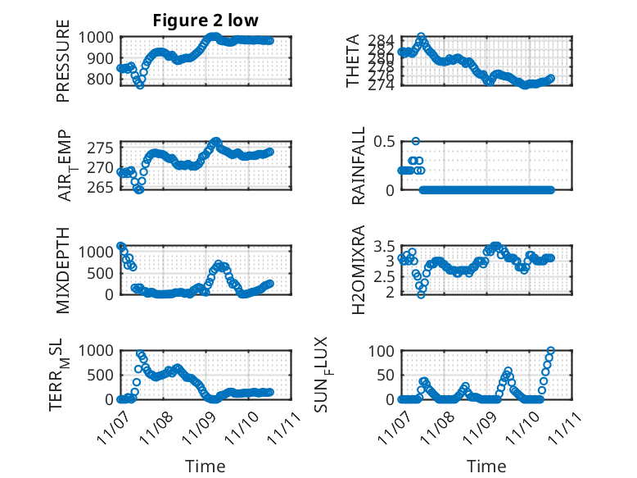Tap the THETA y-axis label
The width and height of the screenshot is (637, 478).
click(x=352, y=61)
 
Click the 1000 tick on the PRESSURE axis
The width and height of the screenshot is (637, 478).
click(x=100, y=38)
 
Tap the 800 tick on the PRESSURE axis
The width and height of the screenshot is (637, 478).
click(x=104, y=80)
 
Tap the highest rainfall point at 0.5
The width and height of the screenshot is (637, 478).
click(x=416, y=141)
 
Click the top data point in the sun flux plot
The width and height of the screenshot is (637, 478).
click(x=551, y=351)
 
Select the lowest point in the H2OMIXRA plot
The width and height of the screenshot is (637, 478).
click(x=421, y=294)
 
